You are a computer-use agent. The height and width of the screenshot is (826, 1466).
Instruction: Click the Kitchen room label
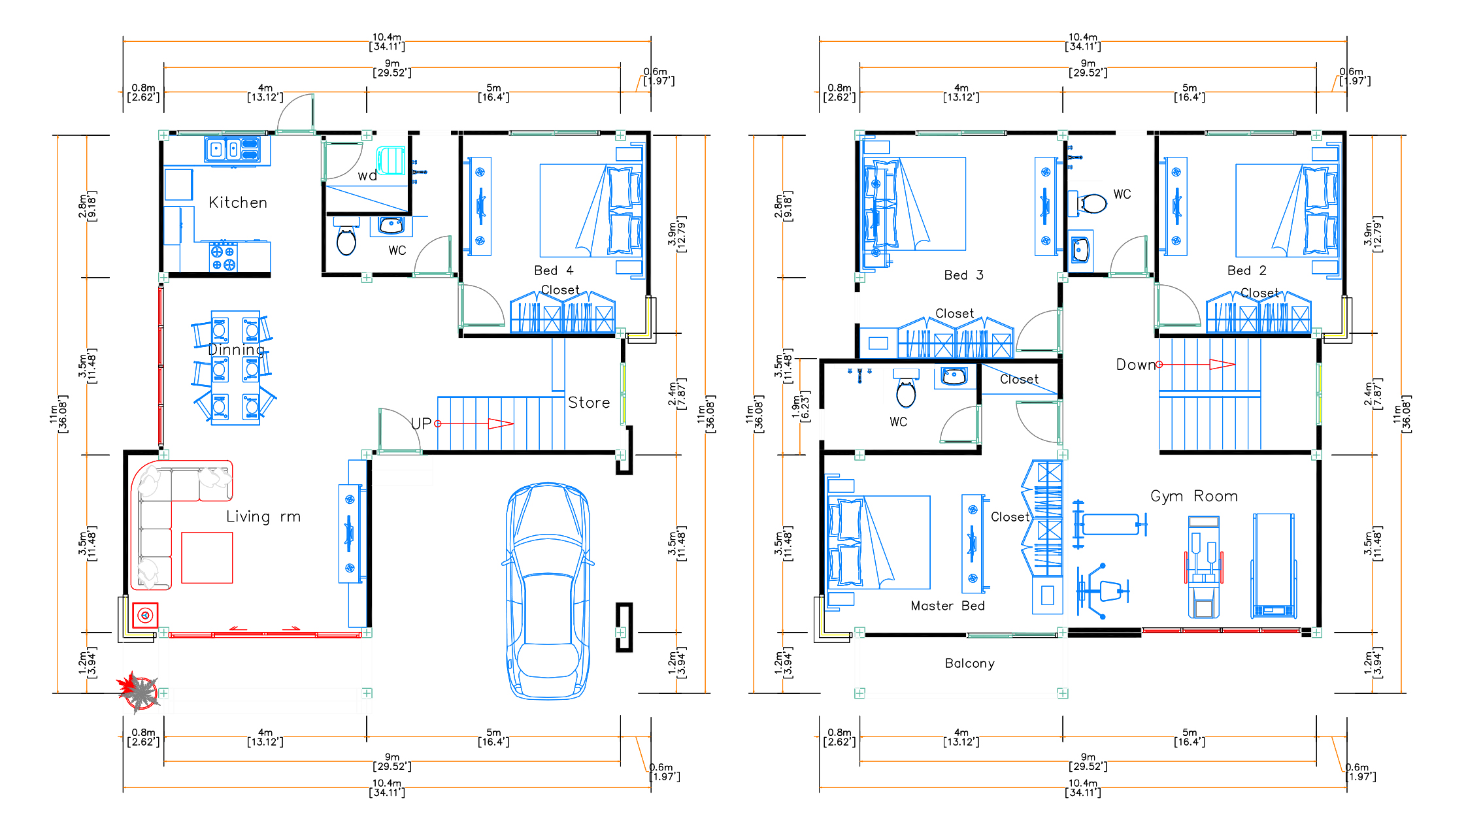tap(238, 203)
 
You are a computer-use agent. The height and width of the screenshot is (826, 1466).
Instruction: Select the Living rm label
tap(263, 516)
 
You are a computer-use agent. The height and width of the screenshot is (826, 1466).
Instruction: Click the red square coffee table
tap(207, 557)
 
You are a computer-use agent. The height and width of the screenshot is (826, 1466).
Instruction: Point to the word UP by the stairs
tap(421, 423)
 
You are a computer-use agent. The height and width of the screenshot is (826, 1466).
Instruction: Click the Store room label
tap(589, 403)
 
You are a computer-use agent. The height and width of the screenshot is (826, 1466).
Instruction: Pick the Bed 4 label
tap(554, 271)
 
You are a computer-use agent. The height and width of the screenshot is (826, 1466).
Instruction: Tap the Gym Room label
tap(1194, 496)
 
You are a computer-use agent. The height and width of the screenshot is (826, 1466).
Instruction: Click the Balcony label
tap(970, 663)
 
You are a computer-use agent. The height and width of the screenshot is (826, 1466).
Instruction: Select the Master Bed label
tap(948, 606)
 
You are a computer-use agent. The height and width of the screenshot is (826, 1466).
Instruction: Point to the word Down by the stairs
tap(1136, 365)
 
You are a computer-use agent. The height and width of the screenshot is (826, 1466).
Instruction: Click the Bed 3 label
tap(963, 275)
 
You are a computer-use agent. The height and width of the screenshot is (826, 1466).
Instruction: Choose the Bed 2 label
tap(1247, 271)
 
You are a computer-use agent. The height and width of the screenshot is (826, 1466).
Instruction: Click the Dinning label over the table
tap(236, 350)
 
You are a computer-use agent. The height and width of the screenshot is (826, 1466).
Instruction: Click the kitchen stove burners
tap(223, 257)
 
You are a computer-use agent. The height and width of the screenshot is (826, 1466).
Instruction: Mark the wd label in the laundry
tap(367, 176)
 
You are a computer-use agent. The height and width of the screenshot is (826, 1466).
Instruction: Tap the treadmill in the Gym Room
tap(1273, 566)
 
